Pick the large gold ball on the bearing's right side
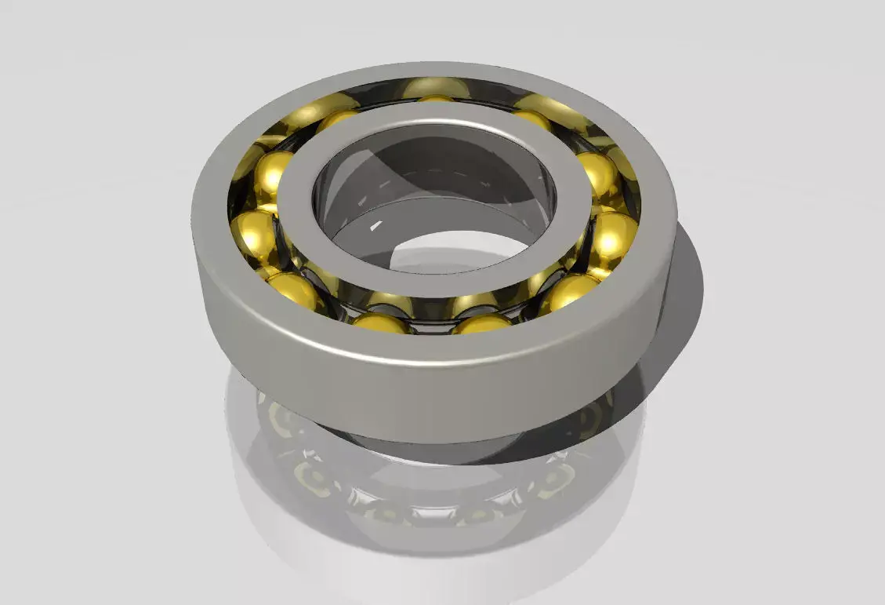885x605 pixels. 614,235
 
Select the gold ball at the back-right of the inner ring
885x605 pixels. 532,118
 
